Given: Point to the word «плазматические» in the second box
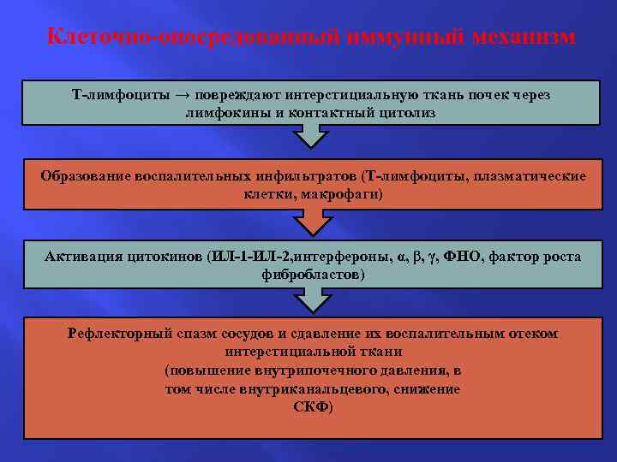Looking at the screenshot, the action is [535, 176].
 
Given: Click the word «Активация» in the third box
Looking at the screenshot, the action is [81, 257].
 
